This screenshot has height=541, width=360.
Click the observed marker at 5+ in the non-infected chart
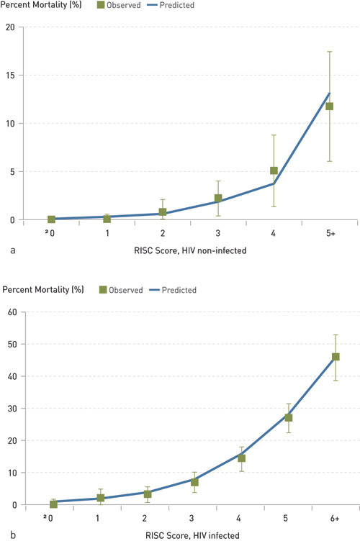(329, 106)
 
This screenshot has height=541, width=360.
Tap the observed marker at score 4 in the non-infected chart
(274, 171)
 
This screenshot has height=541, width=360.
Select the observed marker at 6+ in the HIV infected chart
(336, 357)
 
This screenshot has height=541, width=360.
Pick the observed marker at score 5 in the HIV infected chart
(288, 417)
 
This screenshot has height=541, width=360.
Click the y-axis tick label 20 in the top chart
(10, 27)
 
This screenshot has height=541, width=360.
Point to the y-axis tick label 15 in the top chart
(10, 76)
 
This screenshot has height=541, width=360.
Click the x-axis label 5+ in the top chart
(329, 234)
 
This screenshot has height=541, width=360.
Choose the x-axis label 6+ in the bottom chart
(336, 519)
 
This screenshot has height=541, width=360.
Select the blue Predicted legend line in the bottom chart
(156, 290)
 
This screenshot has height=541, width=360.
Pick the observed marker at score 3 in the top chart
(218, 199)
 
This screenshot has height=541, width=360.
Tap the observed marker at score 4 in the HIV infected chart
(241, 458)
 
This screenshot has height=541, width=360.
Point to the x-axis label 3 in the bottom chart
(194, 519)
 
